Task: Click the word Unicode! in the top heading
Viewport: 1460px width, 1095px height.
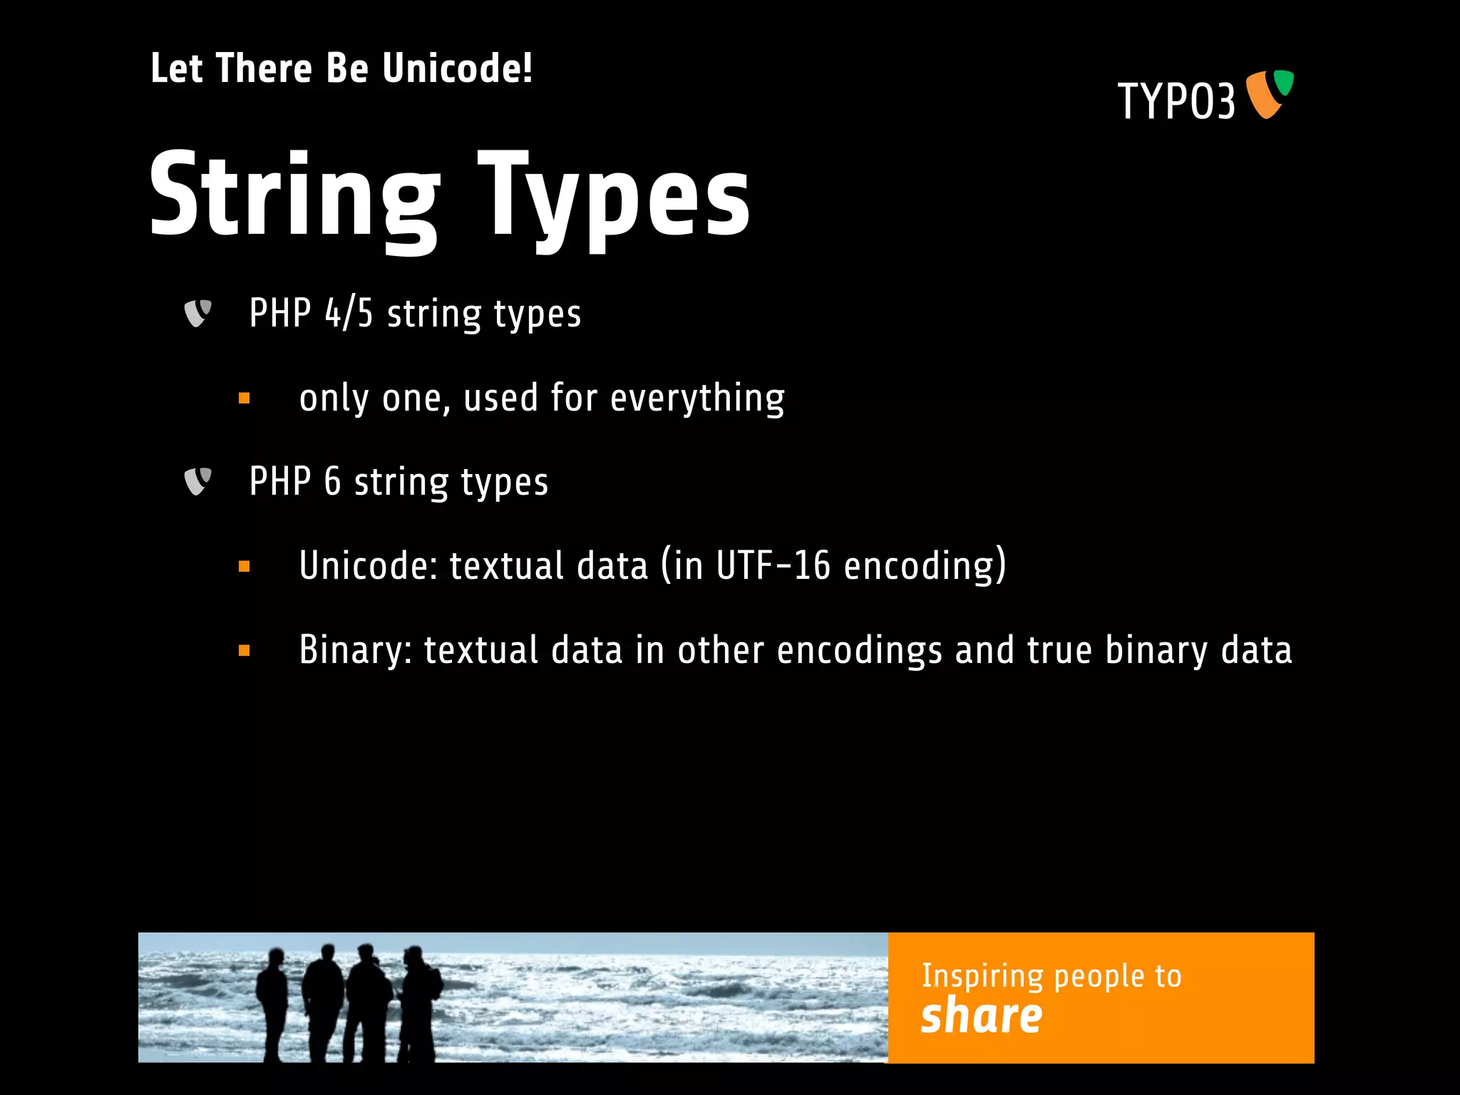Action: point(457,69)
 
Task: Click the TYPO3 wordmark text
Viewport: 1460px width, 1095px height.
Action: point(1176,101)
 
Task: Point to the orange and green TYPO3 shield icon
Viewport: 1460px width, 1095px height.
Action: point(1270,93)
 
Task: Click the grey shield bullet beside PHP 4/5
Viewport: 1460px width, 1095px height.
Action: point(197,313)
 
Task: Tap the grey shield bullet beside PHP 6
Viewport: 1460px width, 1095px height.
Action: point(197,481)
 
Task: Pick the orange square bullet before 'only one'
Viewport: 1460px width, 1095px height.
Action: point(245,399)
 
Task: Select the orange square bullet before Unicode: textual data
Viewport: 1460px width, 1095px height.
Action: point(245,567)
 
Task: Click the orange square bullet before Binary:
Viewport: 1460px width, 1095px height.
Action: point(245,650)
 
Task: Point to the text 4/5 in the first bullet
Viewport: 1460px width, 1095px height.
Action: point(349,314)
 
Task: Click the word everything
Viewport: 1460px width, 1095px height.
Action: point(697,399)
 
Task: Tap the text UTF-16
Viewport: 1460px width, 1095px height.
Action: point(773,566)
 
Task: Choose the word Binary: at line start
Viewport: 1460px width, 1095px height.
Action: point(355,650)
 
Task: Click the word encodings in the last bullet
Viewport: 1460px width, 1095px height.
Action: point(859,650)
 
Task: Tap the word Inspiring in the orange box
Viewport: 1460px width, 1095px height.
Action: point(982,976)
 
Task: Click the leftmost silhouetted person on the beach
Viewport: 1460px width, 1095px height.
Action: point(272,1002)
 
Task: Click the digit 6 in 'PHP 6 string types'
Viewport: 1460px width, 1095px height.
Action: point(333,481)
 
